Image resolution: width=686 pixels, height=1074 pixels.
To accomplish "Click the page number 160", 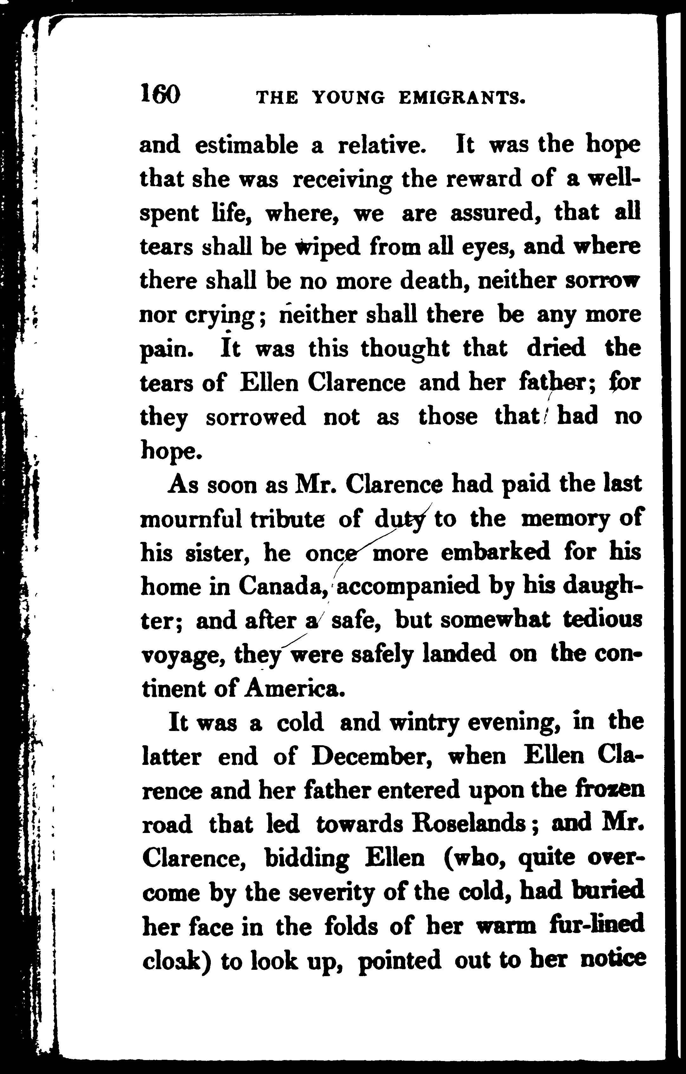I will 160,95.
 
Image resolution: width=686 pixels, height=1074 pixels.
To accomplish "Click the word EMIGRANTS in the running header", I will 462,98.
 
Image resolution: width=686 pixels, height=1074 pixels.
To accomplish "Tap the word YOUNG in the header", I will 348,98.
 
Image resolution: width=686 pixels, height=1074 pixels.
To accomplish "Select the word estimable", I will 247,146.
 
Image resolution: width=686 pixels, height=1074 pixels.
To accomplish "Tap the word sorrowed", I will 256,417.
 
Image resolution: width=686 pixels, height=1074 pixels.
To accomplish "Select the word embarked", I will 495,553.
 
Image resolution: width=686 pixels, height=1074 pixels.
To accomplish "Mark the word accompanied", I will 407,587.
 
